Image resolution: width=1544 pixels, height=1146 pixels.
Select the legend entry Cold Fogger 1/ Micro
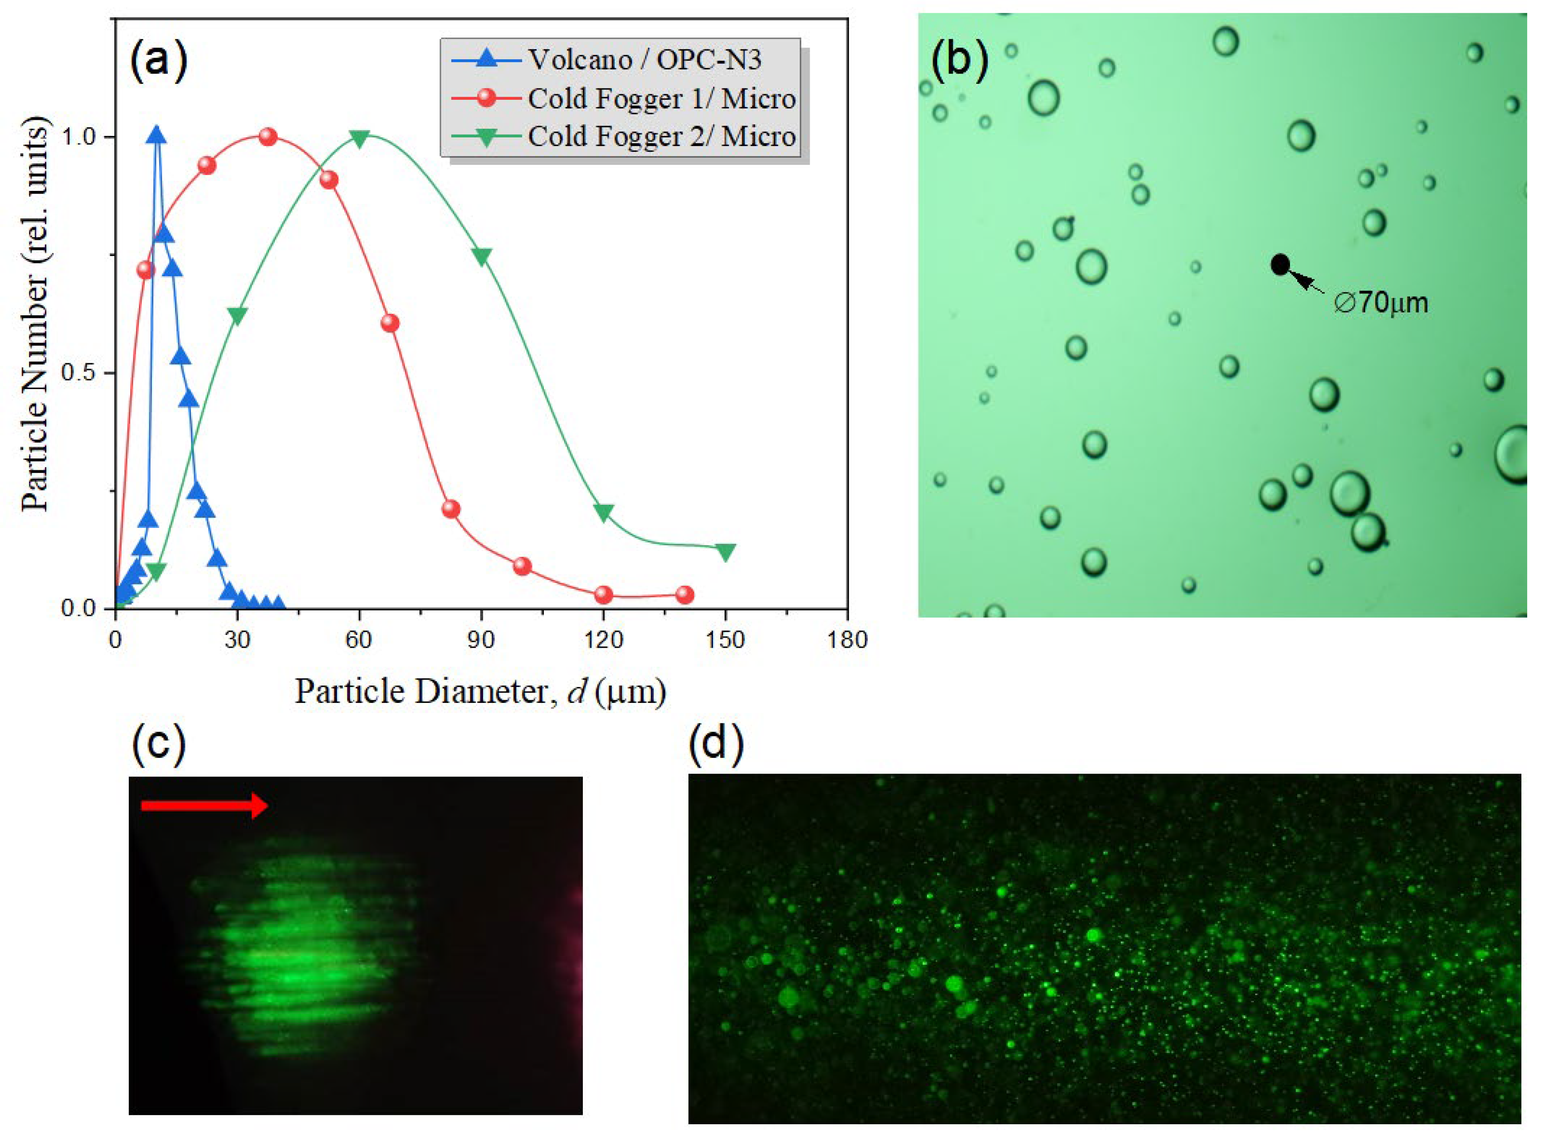(660, 98)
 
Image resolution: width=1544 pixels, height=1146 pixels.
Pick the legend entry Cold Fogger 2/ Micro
(660, 137)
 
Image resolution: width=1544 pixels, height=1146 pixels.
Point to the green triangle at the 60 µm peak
(359, 138)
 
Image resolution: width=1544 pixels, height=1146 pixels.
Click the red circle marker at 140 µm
(684, 595)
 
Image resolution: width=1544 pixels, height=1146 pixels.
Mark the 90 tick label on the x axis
(481, 639)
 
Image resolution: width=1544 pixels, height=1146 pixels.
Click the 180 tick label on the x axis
(846, 639)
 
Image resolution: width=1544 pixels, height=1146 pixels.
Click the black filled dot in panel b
(1280, 264)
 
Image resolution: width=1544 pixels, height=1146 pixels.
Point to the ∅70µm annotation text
(1380, 303)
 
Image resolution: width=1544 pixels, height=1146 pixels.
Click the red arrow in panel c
(204, 805)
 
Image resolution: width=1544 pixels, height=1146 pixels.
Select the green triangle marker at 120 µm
(603, 512)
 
